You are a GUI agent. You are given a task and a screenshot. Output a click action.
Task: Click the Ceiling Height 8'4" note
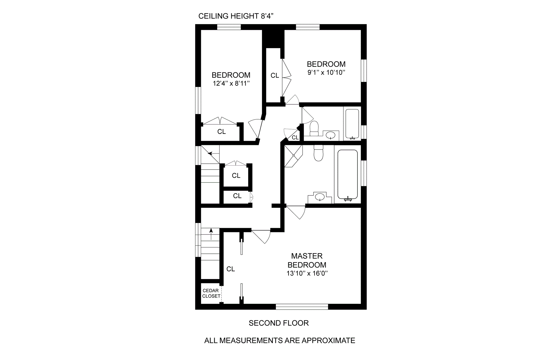point(236,16)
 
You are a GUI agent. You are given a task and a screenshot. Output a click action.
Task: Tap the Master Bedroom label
point(307,260)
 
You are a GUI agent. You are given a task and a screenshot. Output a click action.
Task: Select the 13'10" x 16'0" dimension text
point(307,273)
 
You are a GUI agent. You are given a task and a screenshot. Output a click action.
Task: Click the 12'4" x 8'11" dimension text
point(231,84)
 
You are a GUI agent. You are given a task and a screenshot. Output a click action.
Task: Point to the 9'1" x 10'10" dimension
point(326,73)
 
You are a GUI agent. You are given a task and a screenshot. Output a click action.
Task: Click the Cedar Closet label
point(211,293)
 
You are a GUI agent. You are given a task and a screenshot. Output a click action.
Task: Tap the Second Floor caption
point(279,323)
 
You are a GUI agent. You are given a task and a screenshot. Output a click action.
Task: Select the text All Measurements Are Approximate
point(280,341)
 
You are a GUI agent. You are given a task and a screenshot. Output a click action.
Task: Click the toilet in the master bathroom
point(318,153)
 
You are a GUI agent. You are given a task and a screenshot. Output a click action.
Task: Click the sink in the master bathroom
point(320,197)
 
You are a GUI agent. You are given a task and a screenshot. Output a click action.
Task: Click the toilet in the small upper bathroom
point(314,128)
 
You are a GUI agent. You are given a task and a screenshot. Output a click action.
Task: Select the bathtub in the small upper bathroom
point(352,124)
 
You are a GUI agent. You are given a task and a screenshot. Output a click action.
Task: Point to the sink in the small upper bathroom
point(331,135)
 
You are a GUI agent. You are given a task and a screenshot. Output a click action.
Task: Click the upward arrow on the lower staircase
point(211,234)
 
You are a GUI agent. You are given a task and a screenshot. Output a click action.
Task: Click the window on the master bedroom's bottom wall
point(302,307)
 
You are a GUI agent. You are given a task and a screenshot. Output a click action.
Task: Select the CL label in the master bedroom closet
point(230,269)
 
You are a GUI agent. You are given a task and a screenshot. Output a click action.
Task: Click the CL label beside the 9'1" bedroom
point(275,75)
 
